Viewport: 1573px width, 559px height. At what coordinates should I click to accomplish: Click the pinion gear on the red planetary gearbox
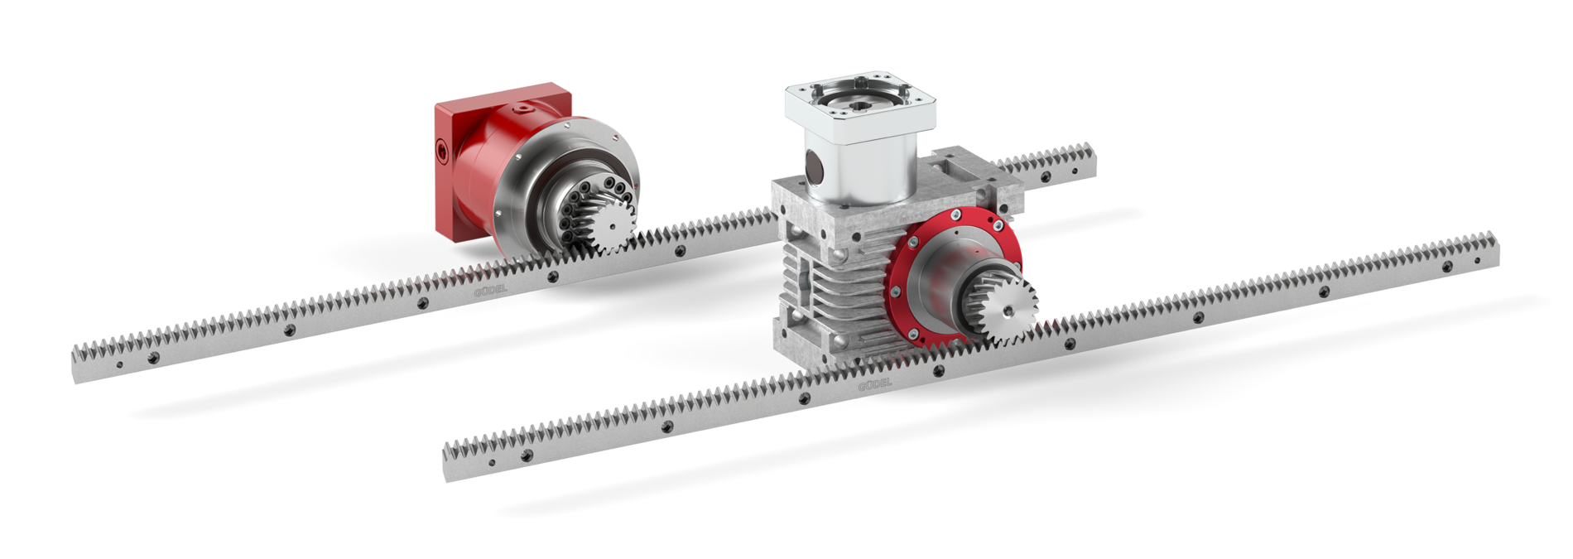[613, 224]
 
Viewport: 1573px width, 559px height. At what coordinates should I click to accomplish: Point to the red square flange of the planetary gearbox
[455, 157]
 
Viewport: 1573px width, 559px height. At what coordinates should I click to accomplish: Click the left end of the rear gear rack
[79, 364]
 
